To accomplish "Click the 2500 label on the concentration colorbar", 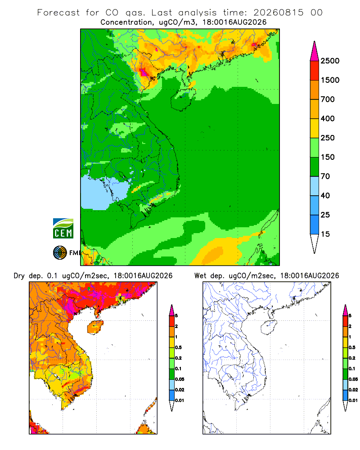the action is click(x=330, y=61).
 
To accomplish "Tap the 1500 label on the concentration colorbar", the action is click(x=330, y=80).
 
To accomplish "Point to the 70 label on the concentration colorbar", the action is click(x=325, y=176).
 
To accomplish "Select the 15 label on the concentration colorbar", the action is click(x=325, y=234).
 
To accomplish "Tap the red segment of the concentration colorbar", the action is click(x=315, y=71).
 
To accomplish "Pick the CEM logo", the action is click(x=63, y=229).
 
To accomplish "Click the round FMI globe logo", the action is click(x=60, y=253).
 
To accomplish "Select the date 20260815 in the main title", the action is click(x=278, y=13).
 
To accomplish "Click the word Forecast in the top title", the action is click(x=58, y=13).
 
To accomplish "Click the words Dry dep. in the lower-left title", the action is click(x=28, y=276).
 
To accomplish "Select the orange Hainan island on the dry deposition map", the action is click(x=95, y=327).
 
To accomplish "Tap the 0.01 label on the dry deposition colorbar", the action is click(x=180, y=400).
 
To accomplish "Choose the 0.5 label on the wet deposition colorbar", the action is click(x=352, y=347).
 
